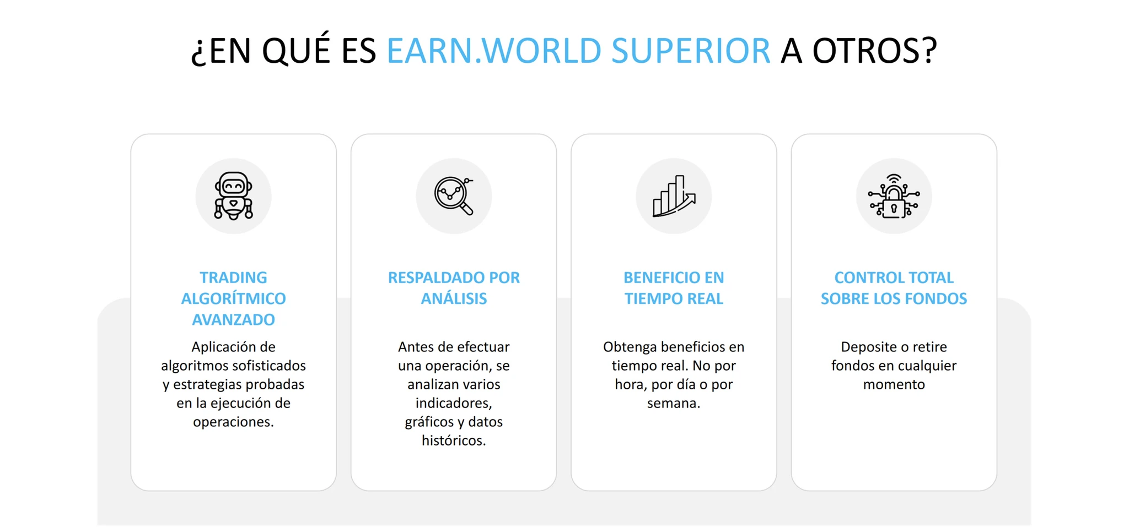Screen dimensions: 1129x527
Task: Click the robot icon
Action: [233, 196]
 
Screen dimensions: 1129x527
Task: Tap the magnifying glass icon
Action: [454, 196]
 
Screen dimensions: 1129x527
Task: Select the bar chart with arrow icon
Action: [674, 196]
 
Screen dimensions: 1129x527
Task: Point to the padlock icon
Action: [894, 196]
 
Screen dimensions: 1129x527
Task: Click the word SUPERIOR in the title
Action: [691, 51]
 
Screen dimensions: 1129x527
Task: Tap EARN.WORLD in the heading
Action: [494, 51]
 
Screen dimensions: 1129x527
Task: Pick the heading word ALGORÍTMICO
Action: [233, 298]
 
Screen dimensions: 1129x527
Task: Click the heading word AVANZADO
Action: [233, 319]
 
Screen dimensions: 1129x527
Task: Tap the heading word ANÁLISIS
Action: [454, 298]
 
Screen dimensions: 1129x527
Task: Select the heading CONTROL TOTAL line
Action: [894, 278]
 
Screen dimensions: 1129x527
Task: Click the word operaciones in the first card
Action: [233, 422]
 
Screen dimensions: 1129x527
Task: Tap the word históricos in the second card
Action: [454, 441]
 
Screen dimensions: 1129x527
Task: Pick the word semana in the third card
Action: [674, 404]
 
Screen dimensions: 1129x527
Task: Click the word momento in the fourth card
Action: [894, 384]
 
